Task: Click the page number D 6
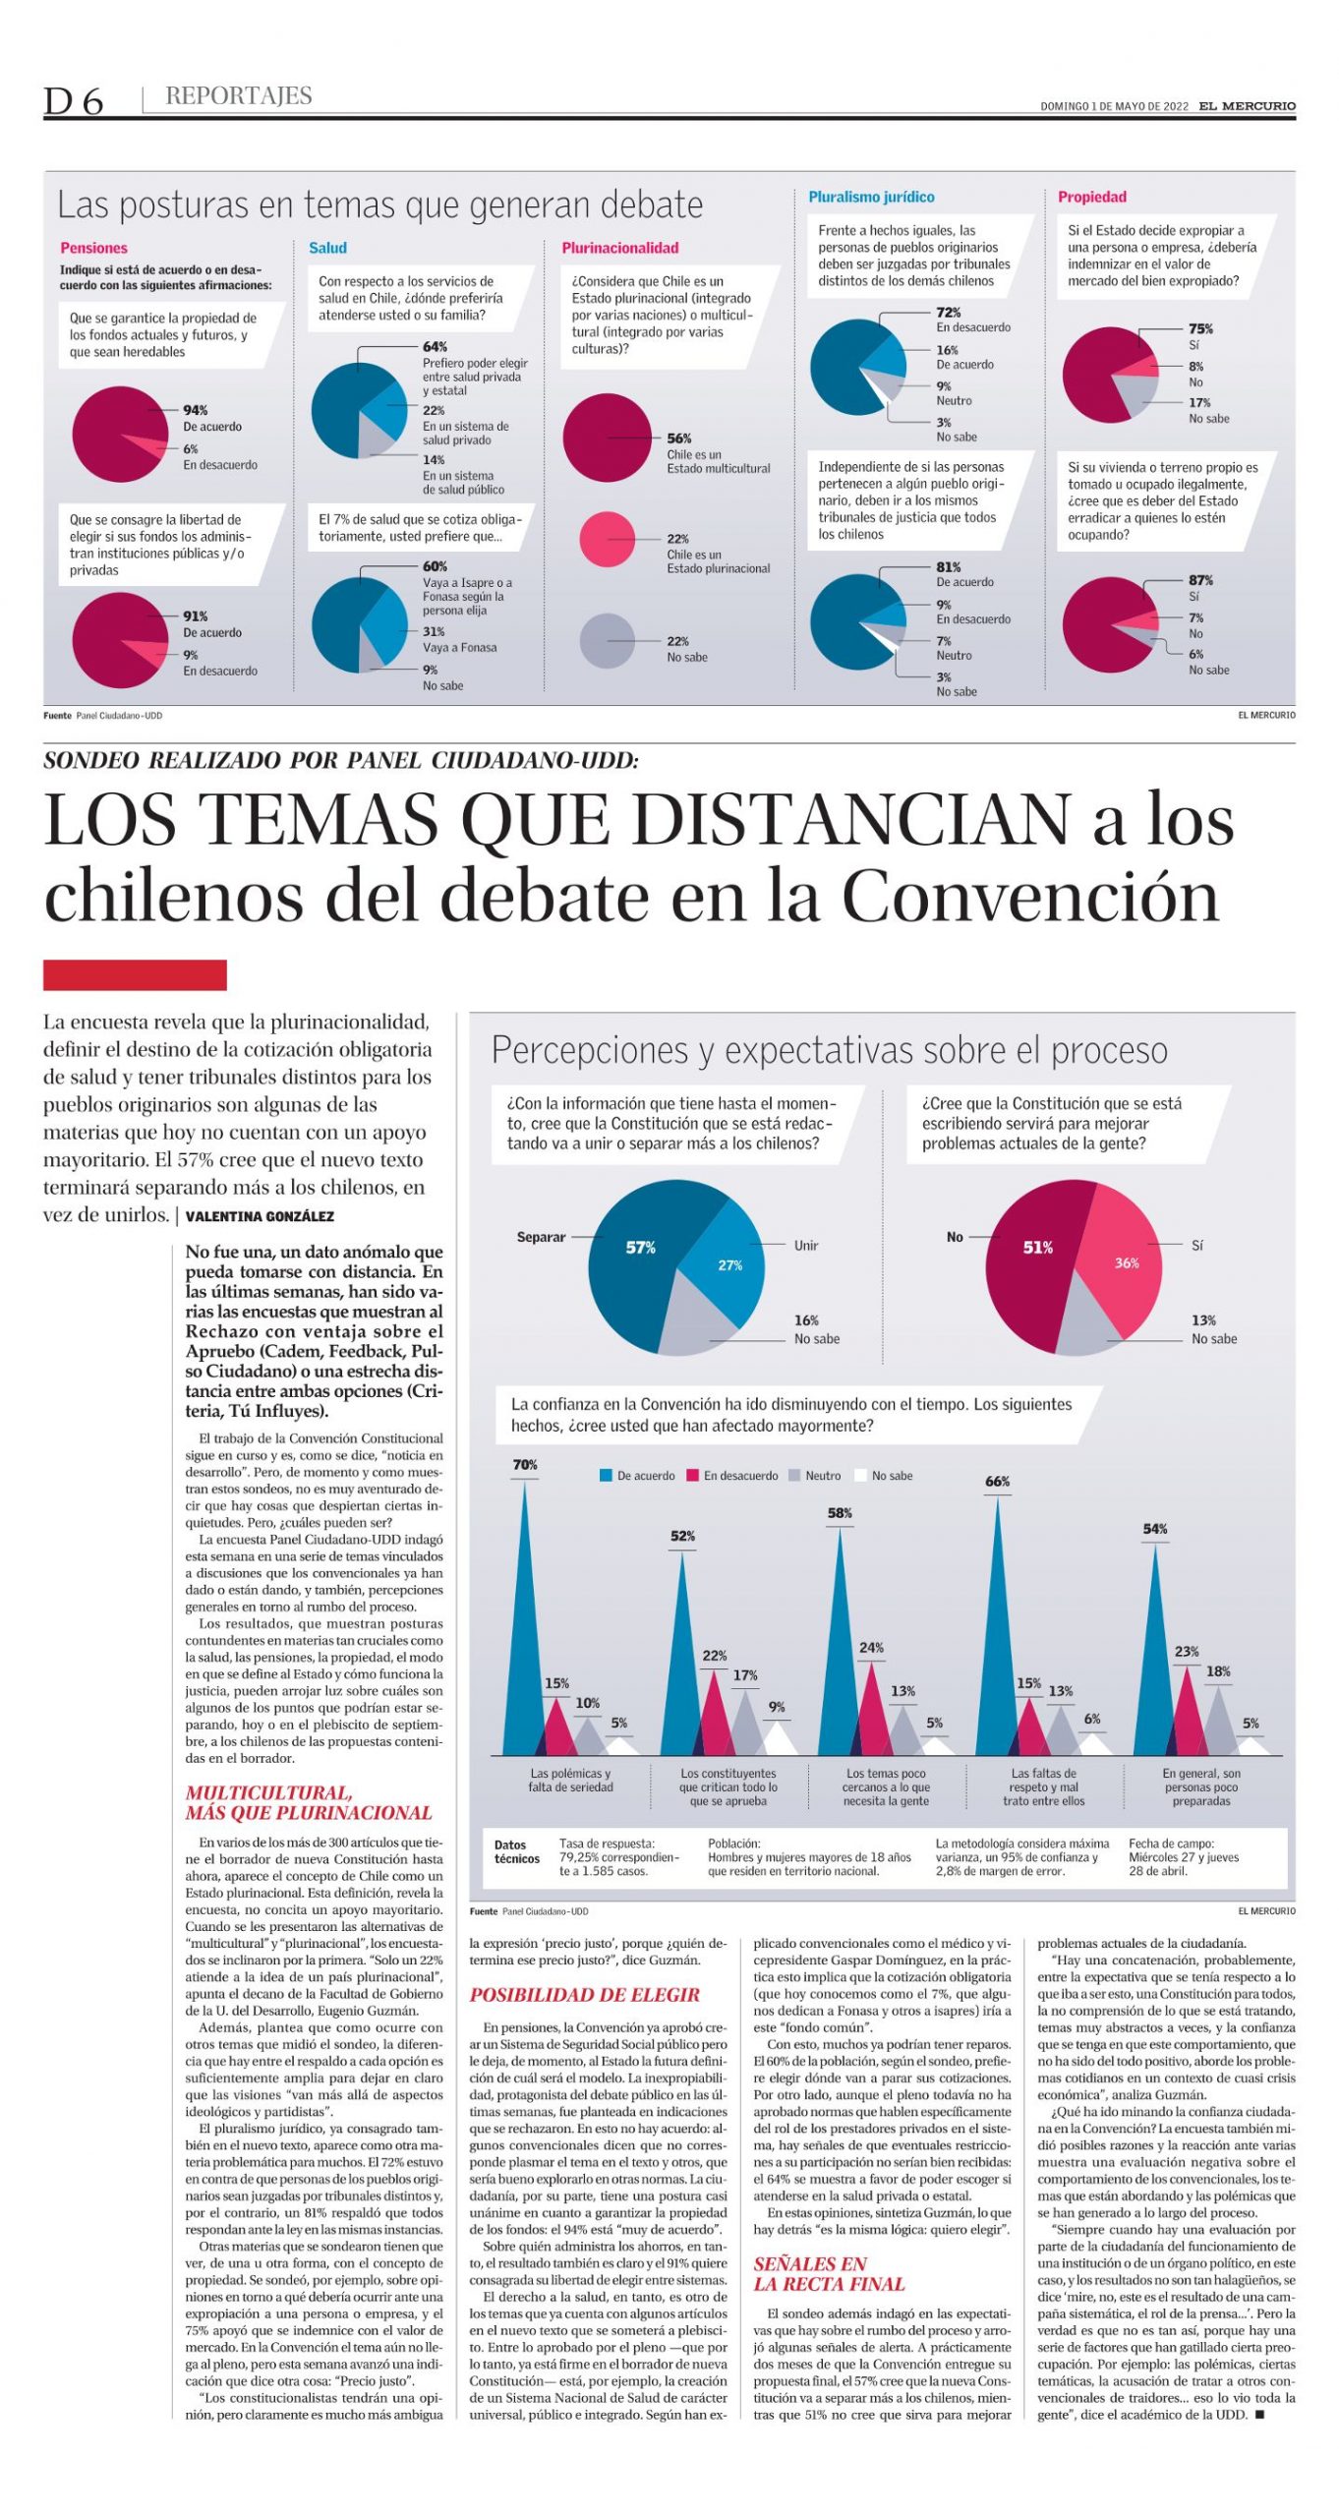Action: click(x=73, y=100)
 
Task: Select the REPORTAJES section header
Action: click(x=238, y=95)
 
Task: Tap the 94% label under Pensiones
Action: click(x=196, y=410)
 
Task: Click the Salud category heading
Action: click(x=327, y=248)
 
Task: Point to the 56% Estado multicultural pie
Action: click(x=607, y=438)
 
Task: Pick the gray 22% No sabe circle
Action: click(x=607, y=641)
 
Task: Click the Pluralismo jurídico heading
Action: click(x=870, y=197)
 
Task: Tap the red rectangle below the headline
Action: click(x=135, y=974)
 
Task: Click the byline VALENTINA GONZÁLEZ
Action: click(x=260, y=1216)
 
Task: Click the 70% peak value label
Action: click(x=525, y=1465)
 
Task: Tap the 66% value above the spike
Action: click(x=997, y=1482)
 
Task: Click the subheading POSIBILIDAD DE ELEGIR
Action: click(x=584, y=1995)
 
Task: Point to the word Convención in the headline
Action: click(x=1030, y=897)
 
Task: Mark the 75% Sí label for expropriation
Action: click(x=1200, y=328)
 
